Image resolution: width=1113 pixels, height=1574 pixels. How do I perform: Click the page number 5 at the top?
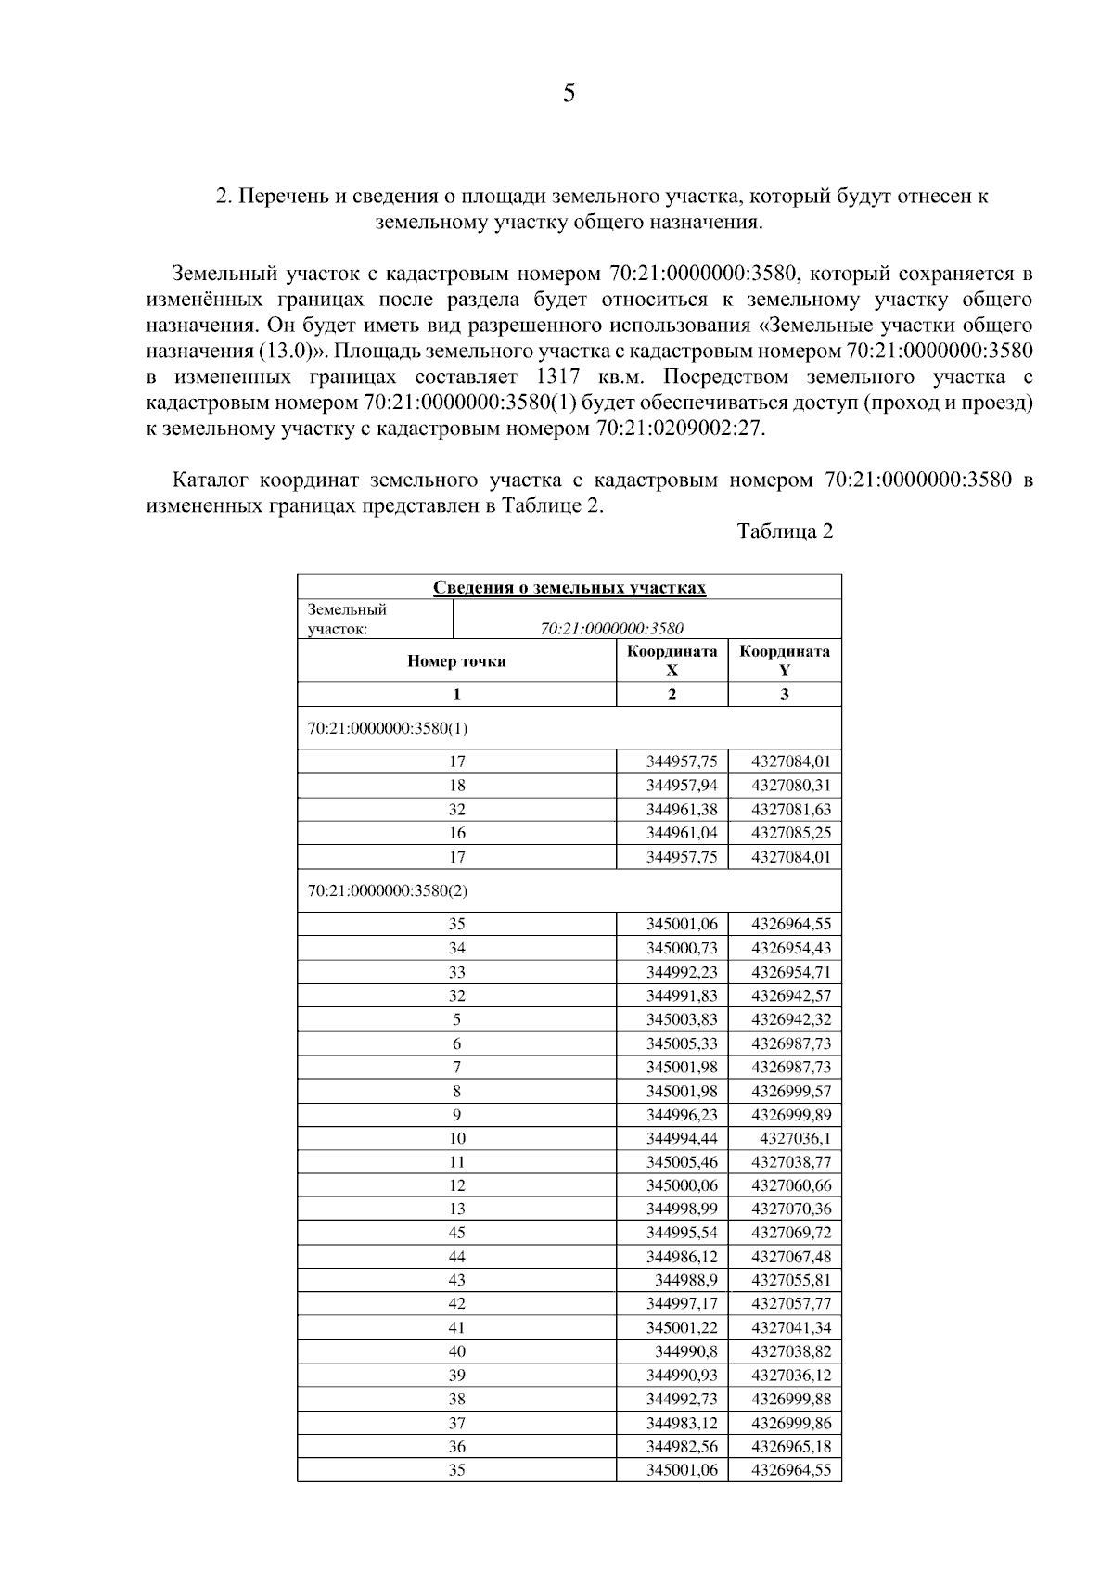click(569, 94)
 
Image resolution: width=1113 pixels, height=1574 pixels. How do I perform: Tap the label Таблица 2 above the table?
click(785, 531)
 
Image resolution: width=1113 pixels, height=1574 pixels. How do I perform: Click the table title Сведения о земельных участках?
click(569, 588)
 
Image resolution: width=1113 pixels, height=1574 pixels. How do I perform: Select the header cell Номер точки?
click(456, 661)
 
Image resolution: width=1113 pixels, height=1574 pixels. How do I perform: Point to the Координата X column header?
click(672, 660)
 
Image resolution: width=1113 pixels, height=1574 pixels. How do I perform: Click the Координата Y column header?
click(785, 660)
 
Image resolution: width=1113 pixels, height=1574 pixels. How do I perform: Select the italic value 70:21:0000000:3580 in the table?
click(612, 628)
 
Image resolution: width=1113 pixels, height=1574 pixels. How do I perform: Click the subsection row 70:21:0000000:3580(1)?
click(388, 728)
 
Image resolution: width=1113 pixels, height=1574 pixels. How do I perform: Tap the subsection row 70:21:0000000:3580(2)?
click(388, 890)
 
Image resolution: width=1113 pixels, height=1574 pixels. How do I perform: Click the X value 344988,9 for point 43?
click(685, 1280)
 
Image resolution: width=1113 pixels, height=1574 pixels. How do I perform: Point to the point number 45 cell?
click(456, 1233)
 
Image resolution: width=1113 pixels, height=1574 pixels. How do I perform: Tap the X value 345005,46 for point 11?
click(682, 1161)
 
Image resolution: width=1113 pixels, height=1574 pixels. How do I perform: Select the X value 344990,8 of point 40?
click(685, 1351)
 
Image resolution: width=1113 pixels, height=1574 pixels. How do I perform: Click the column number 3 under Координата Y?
click(785, 695)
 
